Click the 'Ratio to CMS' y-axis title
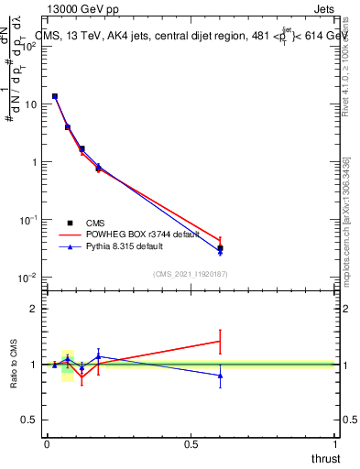[14, 365]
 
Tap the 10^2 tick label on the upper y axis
[29, 47]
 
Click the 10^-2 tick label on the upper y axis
[29, 278]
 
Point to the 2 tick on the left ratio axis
[34, 309]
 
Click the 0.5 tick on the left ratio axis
[30, 420]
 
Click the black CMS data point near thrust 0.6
[220, 248]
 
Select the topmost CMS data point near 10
[55, 96]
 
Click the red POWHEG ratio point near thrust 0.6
[220, 341]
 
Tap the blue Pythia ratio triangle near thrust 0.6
[220, 376]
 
